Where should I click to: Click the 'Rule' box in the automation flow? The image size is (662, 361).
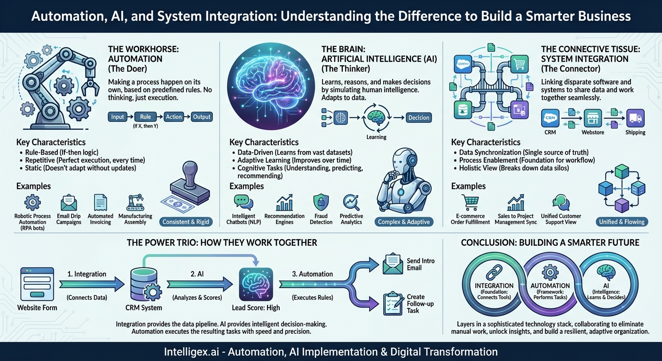[145, 117]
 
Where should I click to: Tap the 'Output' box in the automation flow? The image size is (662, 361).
[202, 117]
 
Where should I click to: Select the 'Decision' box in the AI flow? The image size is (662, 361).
[418, 118]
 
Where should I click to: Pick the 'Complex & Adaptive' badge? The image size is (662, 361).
[404, 222]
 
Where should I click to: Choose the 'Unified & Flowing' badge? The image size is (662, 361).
[622, 222]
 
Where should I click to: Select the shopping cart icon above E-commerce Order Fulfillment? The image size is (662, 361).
[470, 203]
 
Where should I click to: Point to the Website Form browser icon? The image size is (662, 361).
[37, 284]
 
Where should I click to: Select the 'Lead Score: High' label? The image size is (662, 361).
[256, 307]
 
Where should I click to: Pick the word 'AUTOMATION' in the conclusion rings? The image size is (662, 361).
[550, 285]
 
